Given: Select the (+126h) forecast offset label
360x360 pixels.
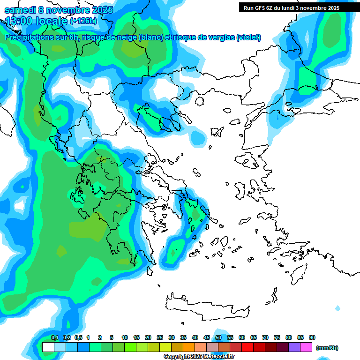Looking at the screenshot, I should pos(83,21).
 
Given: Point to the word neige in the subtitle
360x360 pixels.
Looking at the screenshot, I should pos(125,37).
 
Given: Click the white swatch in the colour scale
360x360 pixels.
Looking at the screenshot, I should pos(48,347).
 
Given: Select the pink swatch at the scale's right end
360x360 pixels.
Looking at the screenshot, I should pos(306,347).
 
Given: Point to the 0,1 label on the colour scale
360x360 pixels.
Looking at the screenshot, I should pos(54,337).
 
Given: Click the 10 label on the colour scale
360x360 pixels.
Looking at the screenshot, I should pos(125,337).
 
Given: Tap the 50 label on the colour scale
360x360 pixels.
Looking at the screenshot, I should pos(218,337).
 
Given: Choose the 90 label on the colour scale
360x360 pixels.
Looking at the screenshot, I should pos(312,337).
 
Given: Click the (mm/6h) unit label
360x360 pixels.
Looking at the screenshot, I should pos(327,348).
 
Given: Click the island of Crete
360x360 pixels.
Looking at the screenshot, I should pos(211,304).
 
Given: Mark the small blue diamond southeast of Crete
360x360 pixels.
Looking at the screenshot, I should pos(337,308).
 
